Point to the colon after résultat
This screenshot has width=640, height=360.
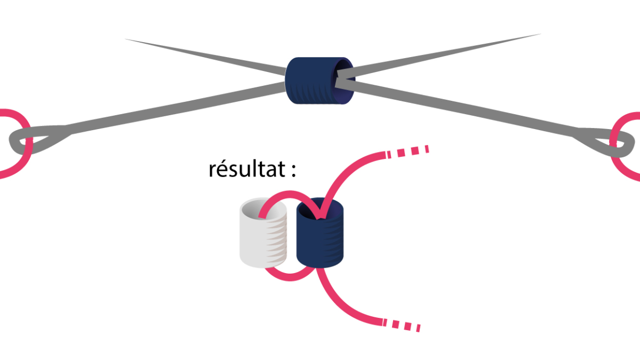292,171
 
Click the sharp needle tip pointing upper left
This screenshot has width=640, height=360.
128,39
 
